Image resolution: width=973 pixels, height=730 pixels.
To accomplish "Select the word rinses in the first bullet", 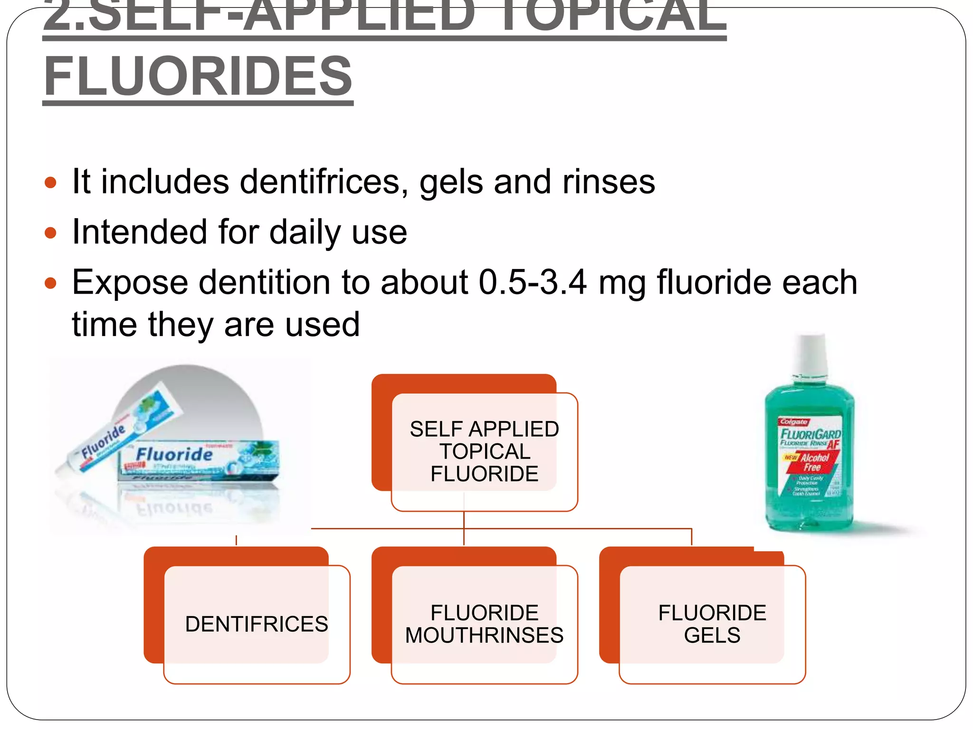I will coord(609,182).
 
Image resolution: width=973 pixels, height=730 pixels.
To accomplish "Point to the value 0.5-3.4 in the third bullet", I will coord(533,282).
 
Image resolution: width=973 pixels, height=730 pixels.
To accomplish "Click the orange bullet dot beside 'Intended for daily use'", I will coord(50,233).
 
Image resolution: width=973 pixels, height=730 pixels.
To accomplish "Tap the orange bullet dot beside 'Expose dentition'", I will coord(50,283).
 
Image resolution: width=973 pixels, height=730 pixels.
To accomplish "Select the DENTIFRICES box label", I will coord(257,624).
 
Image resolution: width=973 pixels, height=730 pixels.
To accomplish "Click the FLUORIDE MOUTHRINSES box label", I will coord(484,624).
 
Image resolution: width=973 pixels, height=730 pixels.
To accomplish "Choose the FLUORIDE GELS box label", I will coord(712,624).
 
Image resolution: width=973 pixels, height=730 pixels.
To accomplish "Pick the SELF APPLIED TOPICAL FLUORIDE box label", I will coord(484,451).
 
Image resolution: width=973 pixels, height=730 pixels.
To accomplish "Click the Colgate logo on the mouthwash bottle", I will coord(793,422).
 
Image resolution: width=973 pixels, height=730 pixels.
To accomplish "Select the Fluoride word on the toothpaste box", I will coord(174,454).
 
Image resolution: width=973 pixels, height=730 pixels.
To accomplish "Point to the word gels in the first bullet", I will coord(452,182).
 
